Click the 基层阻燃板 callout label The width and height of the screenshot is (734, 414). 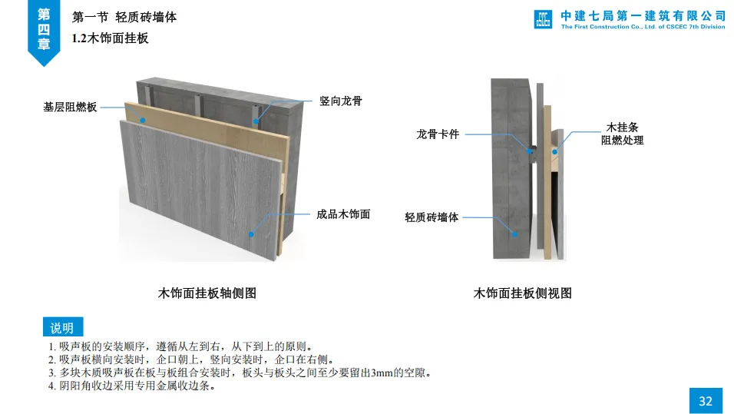pos(70,108)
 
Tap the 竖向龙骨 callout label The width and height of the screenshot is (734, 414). pos(341,101)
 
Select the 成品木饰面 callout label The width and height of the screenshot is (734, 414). pos(343,214)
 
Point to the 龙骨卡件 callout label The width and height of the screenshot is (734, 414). pos(438,134)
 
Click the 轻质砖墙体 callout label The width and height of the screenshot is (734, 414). pos(431,217)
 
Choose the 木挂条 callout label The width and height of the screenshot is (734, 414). pos(622,127)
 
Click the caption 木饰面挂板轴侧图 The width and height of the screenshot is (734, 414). pos(207,293)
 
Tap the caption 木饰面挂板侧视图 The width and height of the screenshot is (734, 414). pos(523,293)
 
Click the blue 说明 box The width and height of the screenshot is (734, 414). pos(62,328)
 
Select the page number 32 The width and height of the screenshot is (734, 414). pos(706,400)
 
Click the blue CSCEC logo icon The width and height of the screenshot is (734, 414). pos(544,19)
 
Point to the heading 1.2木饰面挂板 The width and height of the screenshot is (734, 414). pos(110,38)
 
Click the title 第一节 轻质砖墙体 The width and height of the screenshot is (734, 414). pos(124,16)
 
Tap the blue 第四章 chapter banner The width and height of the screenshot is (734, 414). pos(44,29)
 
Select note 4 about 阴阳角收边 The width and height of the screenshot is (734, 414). pos(131,386)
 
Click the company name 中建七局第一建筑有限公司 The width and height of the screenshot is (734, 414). pos(643,15)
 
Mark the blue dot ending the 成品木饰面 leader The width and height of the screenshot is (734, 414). pos(252,233)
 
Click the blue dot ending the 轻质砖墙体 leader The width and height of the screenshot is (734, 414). pos(516,234)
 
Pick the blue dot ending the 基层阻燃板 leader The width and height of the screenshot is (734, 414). pos(143,120)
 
